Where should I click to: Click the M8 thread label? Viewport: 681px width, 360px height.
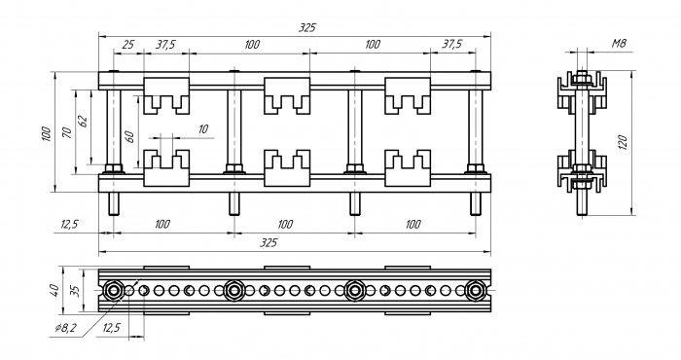click(x=620, y=44)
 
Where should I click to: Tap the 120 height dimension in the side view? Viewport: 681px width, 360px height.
click(x=622, y=142)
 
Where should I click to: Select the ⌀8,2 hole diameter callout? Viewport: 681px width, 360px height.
click(x=65, y=328)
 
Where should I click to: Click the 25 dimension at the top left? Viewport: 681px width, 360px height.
click(x=127, y=45)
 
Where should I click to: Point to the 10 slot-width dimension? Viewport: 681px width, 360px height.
click(x=202, y=129)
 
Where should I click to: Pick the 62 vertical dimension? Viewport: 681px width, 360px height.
click(x=83, y=121)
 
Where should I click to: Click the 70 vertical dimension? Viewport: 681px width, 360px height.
click(x=67, y=132)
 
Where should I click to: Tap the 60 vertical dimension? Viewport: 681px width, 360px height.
click(x=129, y=136)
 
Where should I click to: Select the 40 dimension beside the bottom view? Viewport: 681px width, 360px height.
click(x=54, y=290)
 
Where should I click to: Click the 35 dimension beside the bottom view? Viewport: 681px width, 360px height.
click(x=75, y=290)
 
